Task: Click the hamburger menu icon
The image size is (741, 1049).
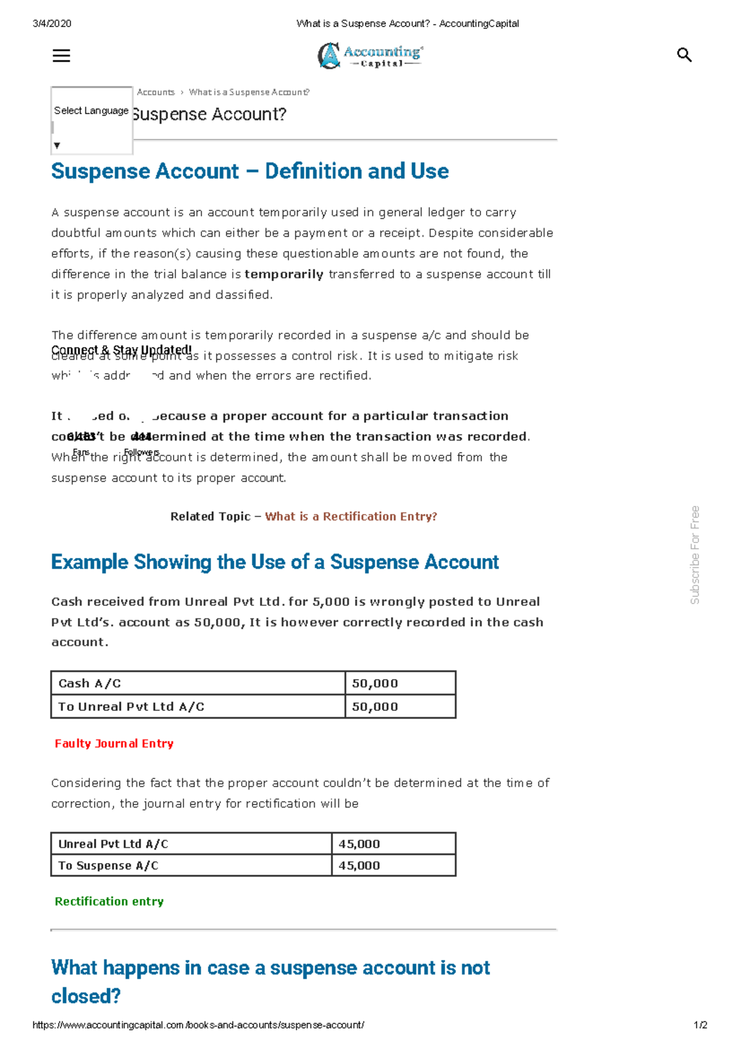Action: (x=61, y=56)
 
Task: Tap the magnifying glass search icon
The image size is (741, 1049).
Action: (x=684, y=55)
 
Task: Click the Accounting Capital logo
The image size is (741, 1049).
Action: (x=370, y=56)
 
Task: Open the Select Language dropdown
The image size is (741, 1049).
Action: (x=91, y=120)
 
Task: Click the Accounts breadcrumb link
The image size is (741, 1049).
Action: (x=156, y=92)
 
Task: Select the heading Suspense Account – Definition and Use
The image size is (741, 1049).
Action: (x=249, y=171)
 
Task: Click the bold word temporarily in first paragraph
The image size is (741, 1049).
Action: (x=283, y=274)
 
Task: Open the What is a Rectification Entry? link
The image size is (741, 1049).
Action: (x=351, y=516)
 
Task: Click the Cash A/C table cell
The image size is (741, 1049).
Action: (x=198, y=683)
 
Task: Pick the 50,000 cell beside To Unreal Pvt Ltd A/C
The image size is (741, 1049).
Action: (x=400, y=707)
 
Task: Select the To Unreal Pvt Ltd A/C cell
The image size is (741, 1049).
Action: (x=198, y=707)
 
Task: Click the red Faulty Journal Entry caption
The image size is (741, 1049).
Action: (x=114, y=744)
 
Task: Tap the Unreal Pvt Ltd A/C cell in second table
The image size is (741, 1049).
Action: (x=191, y=844)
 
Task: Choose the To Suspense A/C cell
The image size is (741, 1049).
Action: (x=191, y=866)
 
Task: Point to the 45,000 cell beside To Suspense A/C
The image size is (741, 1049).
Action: (x=393, y=866)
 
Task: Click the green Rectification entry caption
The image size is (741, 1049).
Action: (x=109, y=901)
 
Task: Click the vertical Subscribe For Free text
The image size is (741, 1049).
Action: (x=695, y=555)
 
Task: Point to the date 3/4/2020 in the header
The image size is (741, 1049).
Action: (x=52, y=23)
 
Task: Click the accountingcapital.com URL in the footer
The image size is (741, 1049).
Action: (x=198, y=1025)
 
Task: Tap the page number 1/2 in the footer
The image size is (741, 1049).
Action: (x=700, y=1025)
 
